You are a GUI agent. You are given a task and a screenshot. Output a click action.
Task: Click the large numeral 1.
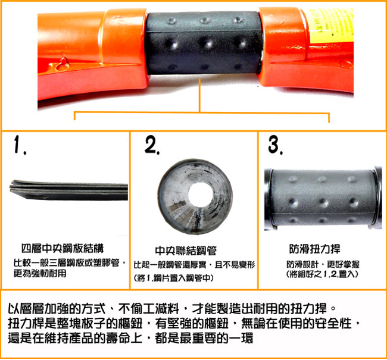(x=18, y=145)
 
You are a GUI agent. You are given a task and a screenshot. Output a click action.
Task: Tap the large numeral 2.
(x=151, y=145)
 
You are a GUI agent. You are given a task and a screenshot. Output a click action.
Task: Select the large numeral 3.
(x=275, y=145)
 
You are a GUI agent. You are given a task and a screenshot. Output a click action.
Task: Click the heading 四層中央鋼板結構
(x=63, y=248)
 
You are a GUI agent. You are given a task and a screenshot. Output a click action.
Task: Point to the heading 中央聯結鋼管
(x=186, y=251)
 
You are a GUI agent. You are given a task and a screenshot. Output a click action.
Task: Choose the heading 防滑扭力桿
(x=315, y=249)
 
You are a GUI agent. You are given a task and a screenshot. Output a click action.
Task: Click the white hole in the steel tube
(x=200, y=195)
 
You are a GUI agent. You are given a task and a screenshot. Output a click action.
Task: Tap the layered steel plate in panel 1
(x=68, y=190)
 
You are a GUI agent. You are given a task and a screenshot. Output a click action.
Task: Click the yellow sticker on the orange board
(x=329, y=26)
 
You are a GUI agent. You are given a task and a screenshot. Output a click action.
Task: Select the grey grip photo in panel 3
(x=323, y=198)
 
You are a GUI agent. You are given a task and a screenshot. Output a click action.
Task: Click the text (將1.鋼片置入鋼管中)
(x=173, y=278)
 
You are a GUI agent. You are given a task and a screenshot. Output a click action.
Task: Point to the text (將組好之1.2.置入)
(x=322, y=274)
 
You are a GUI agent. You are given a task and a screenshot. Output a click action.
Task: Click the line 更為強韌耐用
(x=40, y=273)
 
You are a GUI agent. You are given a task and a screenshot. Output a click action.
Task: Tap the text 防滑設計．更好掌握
(x=323, y=264)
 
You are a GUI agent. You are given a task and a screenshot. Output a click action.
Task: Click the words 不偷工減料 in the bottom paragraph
(x=149, y=308)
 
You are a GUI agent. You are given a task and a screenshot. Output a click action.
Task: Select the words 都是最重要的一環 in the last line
(x=204, y=338)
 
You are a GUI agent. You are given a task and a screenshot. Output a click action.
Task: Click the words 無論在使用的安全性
(x=296, y=323)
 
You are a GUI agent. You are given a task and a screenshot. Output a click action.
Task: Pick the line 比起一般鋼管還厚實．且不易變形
(x=194, y=265)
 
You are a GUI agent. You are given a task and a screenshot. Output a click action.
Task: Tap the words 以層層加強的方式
(x=57, y=308)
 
